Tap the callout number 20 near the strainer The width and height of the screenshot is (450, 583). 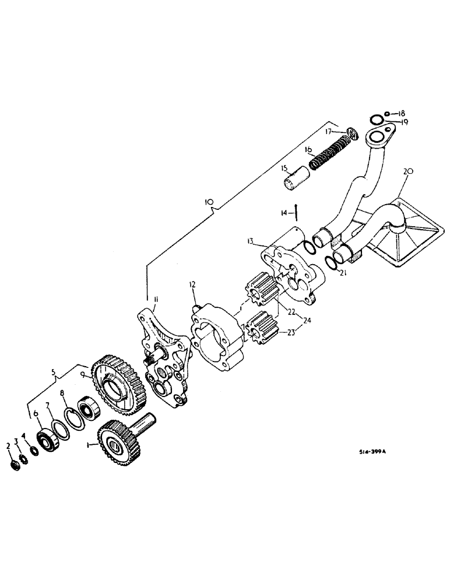(x=407, y=172)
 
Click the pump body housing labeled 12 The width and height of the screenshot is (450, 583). (x=219, y=338)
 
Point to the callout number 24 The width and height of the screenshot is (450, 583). (x=308, y=319)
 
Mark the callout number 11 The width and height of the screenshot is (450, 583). (x=156, y=300)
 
